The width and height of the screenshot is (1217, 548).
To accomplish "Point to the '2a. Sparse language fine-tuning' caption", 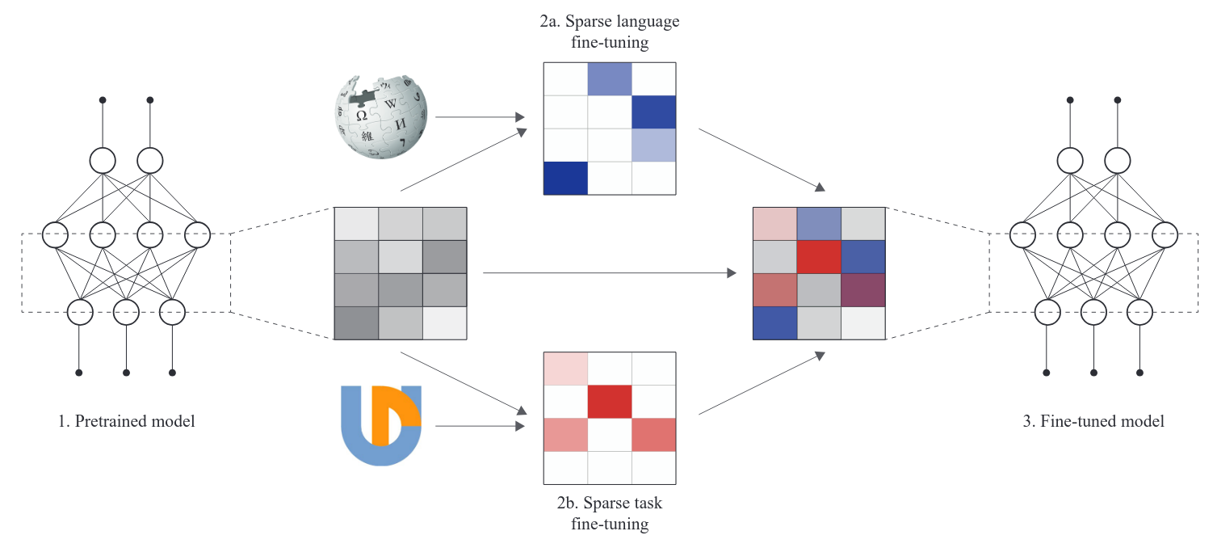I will [x=609, y=32].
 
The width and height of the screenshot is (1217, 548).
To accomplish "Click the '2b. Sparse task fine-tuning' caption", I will [x=609, y=513].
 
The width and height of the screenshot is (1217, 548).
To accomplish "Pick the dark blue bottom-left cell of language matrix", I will [x=564, y=178].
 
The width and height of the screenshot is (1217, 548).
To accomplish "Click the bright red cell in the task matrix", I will [x=609, y=401].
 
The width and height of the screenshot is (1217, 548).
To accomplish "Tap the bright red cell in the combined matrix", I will [x=820, y=256].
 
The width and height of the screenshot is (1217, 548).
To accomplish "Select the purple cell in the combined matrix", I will [x=864, y=289].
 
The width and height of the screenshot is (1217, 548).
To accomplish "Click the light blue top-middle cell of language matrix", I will [x=609, y=78].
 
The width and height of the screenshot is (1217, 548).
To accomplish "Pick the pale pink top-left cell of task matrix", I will [x=564, y=369].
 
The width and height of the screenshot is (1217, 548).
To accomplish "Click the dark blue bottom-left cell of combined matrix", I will [x=775, y=322].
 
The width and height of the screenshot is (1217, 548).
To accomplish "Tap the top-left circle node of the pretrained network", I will [x=103, y=160].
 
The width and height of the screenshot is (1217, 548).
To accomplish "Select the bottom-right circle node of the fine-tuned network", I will [x=1139, y=310].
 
